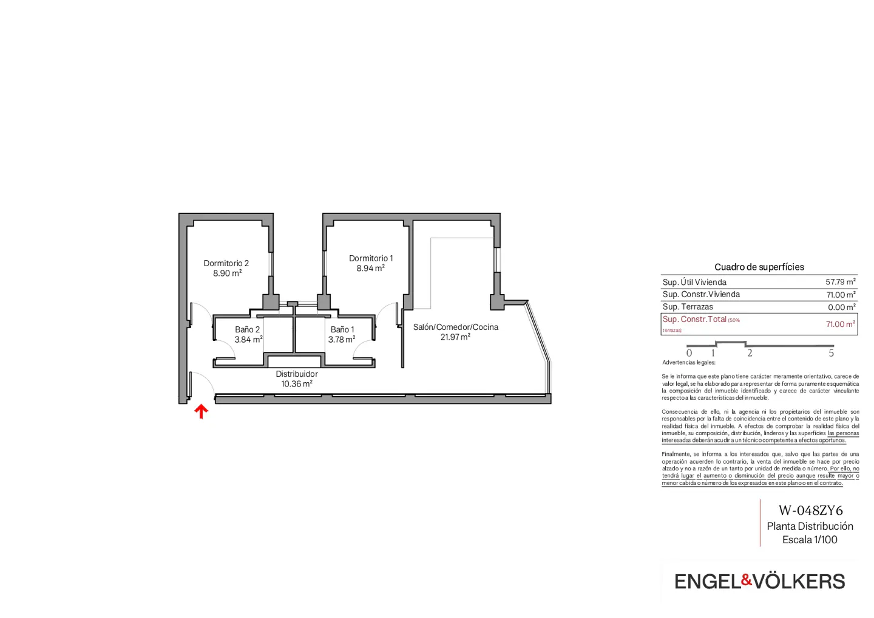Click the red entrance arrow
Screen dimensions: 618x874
(x=202, y=411)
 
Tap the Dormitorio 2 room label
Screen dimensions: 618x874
(x=226, y=263)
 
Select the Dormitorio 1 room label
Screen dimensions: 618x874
(x=371, y=258)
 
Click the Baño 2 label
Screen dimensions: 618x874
(x=247, y=329)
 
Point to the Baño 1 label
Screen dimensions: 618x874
(x=342, y=329)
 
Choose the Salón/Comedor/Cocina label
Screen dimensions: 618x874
(x=455, y=327)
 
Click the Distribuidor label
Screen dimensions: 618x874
(x=297, y=374)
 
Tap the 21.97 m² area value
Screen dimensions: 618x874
(x=455, y=337)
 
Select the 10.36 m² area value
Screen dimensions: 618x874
(x=297, y=384)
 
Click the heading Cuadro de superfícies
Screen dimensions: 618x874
(x=759, y=267)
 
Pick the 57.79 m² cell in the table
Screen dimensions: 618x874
(x=840, y=282)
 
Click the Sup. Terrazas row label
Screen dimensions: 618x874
(x=688, y=307)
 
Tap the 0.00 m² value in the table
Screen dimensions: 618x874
(x=841, y=307)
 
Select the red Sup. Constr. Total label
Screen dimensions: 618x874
(x=694, y=320)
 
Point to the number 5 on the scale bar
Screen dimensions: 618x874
(x=831, y=353)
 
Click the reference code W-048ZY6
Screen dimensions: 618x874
(x=810, y=510)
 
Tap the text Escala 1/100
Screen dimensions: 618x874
(x=810, y=540)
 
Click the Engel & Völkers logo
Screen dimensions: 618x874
(x=759, y=582)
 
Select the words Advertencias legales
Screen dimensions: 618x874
(x=689, y=363)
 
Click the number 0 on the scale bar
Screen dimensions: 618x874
(x=689, y=353)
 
